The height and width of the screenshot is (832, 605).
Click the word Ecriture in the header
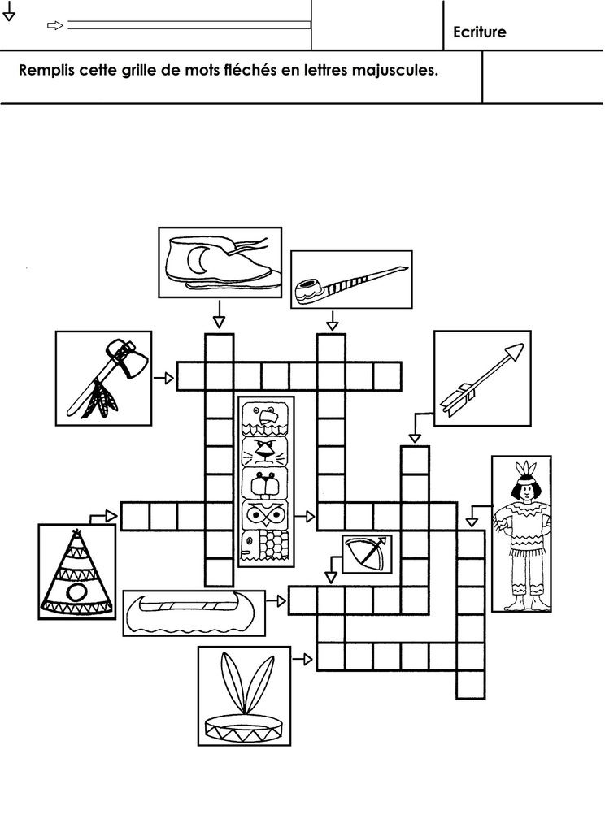coord(480,32)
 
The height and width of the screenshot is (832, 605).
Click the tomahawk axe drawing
coord(104,375)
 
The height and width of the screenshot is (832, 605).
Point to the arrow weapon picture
coord(482,377)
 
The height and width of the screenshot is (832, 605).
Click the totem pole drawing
coord(266,481)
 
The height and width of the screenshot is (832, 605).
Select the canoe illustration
coord(193,613)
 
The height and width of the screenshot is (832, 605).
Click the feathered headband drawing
coord(243,695)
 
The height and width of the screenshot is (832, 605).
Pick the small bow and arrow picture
coord(366,553)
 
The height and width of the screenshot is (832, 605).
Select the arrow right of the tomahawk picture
coord(164,378)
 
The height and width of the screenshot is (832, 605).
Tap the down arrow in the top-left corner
coord(9,11)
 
